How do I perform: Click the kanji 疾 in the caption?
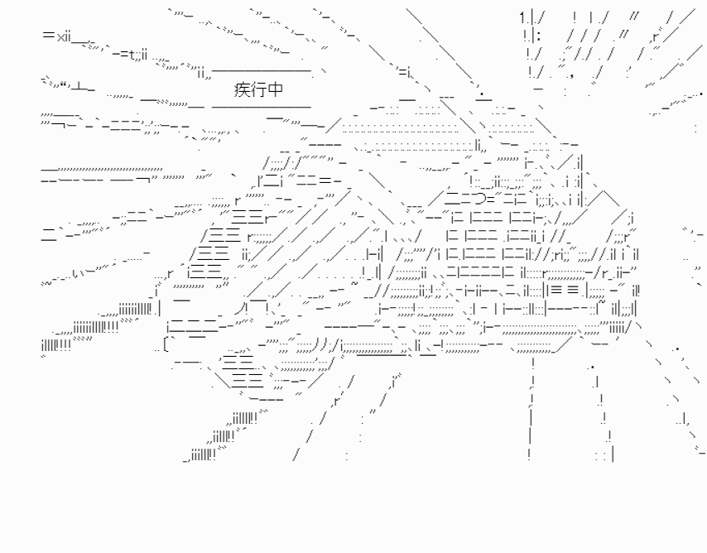point(242,89)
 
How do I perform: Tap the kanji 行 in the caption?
point(258,89)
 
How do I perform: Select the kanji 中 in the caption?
point(275,89)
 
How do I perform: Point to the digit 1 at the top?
point(523,18)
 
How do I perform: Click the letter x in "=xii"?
point(61,36)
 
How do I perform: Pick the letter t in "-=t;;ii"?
point(132,55)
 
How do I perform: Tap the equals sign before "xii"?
point(49,35)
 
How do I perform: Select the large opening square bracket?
point(166,344)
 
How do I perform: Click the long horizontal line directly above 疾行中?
point(262,70)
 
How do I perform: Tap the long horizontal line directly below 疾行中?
point(262,108)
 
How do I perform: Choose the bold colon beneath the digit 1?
point(539,36)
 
